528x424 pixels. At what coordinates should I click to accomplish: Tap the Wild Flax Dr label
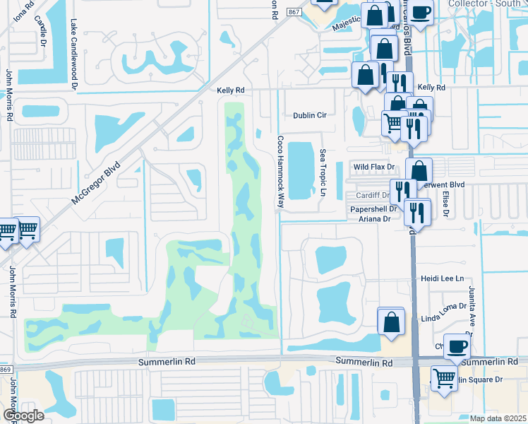click(373, 167)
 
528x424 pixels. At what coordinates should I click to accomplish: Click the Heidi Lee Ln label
click(443, 279)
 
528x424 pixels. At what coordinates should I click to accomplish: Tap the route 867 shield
click(294, 13)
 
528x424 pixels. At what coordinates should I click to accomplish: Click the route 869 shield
click(6, 370)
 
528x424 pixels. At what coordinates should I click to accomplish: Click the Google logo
click(23, 416)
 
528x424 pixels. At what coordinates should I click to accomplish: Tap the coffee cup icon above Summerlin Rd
click(456, 346)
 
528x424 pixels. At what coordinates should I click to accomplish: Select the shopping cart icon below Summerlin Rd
click(443, 377)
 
